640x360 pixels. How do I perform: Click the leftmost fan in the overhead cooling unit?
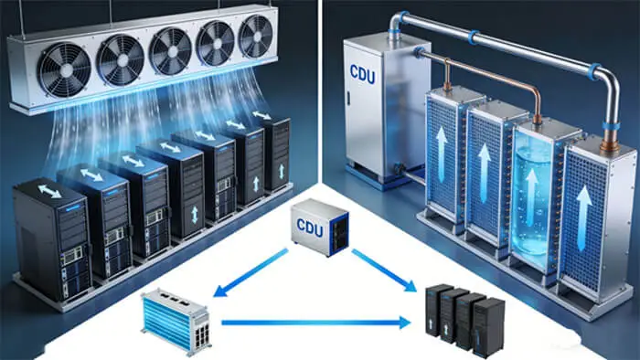click(64, 69)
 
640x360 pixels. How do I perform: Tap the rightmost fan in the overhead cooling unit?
click(256, 37)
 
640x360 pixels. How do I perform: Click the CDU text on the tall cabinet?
click(362, 74)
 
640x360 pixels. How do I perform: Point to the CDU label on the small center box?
click(310, 228)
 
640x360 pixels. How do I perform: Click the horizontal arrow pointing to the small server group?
click(316, 323)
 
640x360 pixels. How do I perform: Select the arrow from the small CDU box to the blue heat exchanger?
click(251, 273)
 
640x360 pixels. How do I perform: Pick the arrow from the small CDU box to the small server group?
click(384, 270)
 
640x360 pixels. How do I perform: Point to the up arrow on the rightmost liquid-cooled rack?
click(583, 218)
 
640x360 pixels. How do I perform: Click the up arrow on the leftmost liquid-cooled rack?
click(442, 154)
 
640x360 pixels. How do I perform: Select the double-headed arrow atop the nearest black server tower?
click(49, 191)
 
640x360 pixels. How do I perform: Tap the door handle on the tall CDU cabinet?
click(349, 98)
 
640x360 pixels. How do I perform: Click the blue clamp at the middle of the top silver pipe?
click(473, 37)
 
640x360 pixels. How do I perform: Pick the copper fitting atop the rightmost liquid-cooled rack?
click(610, 143)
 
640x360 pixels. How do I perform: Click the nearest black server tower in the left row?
click(52, 239)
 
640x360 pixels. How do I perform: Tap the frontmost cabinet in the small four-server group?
click(488, 327)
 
